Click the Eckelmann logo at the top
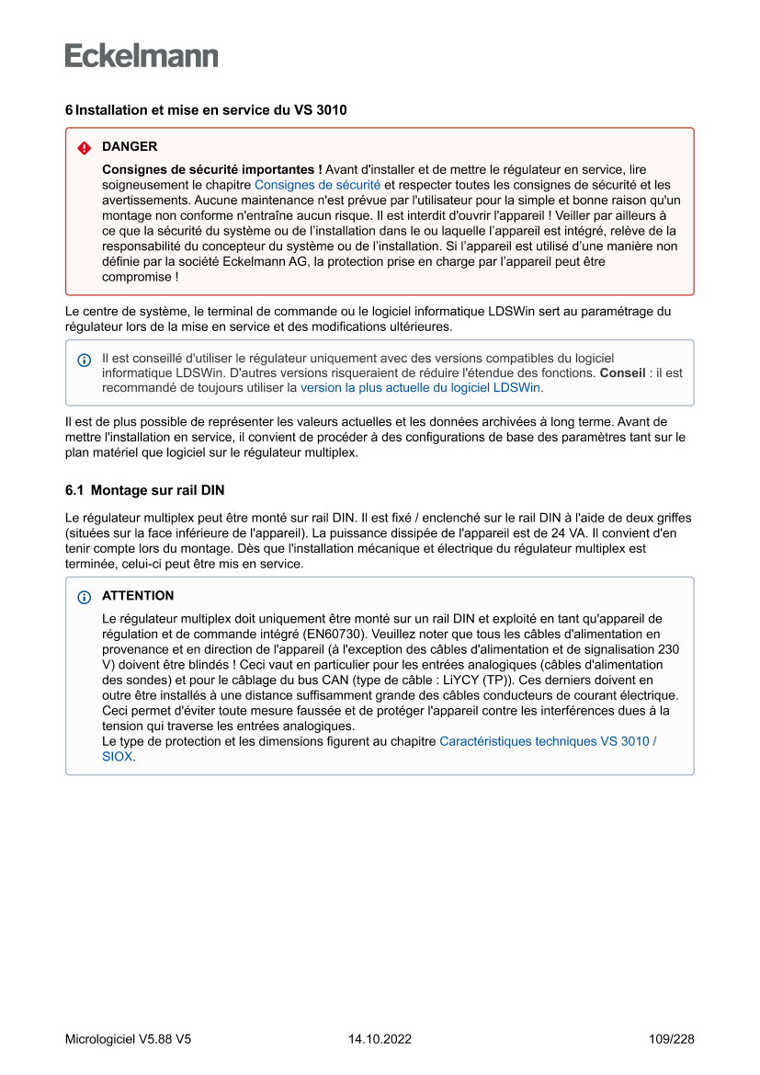142,55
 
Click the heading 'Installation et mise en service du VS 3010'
210,110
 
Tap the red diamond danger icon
85,147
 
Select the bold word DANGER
130,146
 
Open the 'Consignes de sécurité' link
317,184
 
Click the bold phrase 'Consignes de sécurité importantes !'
212,169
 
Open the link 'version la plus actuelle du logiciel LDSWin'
421,388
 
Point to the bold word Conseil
622,372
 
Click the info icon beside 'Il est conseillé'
85,360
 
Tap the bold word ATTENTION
138,596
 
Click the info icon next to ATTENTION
85,597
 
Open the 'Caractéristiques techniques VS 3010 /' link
548,741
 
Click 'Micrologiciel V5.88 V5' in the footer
128,1039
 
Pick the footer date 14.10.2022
380,1039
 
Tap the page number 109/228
671,1039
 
